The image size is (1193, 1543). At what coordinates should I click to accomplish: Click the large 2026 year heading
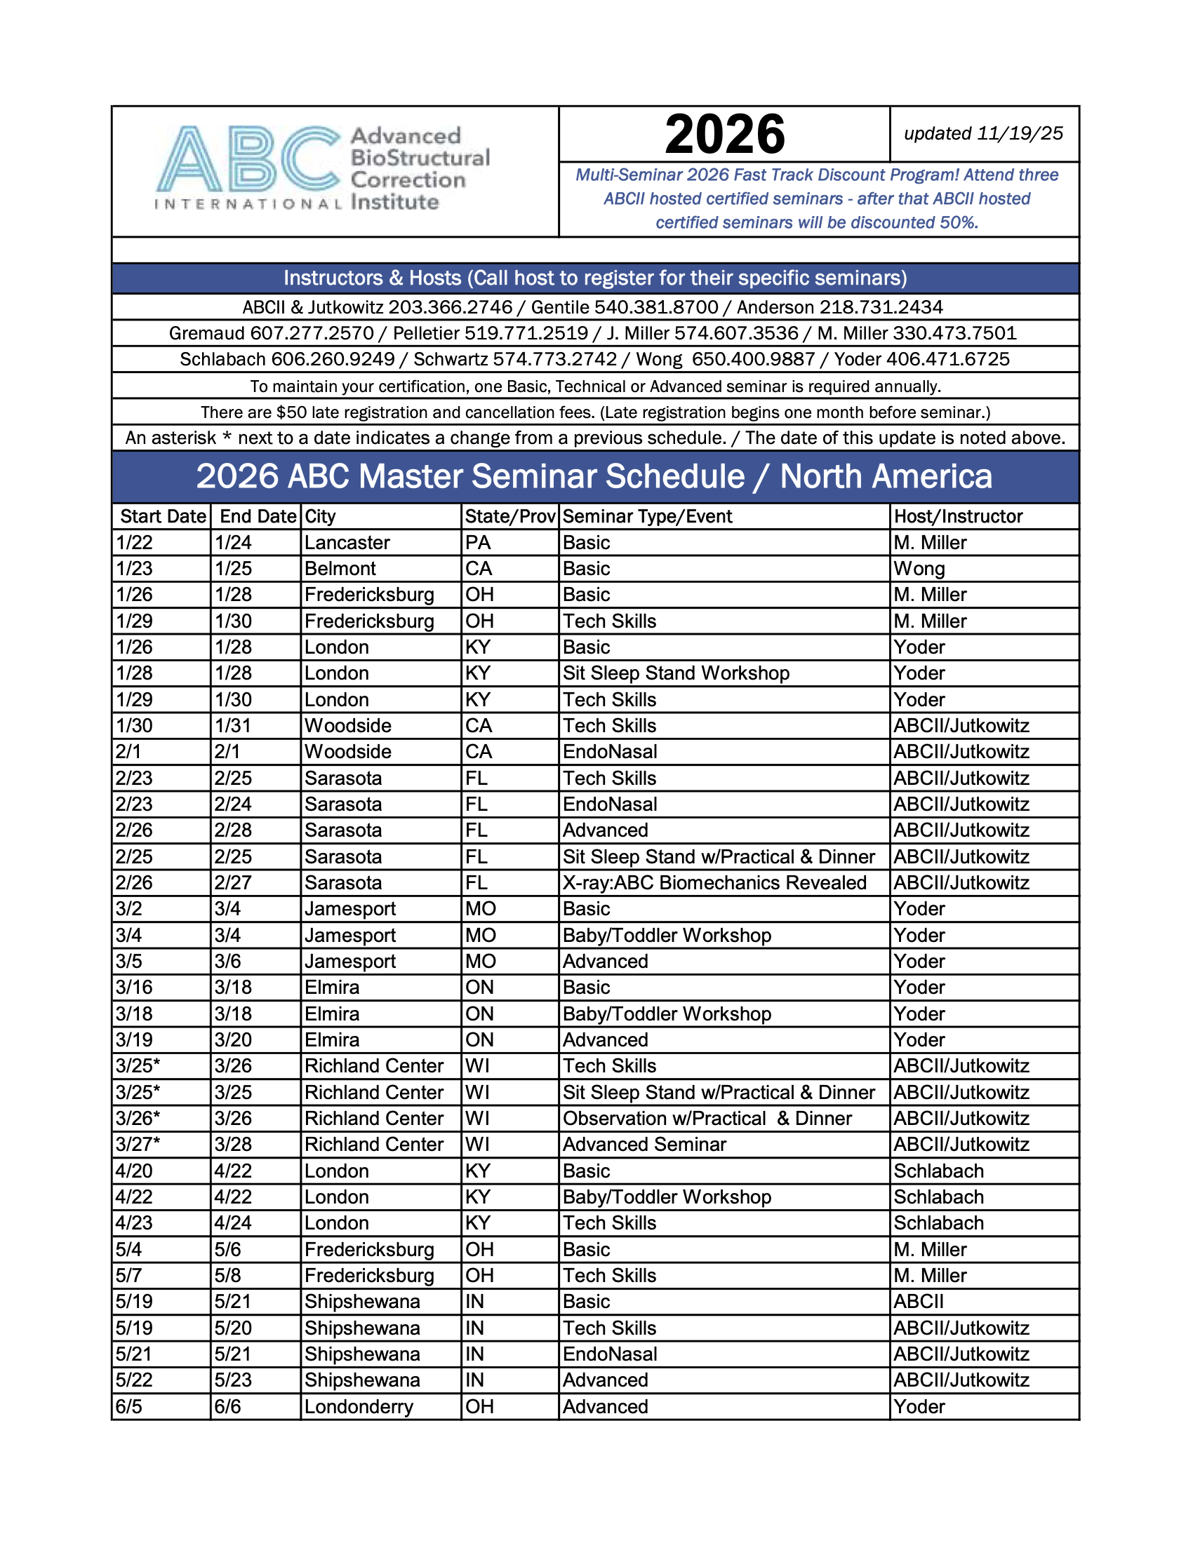click(724, 134)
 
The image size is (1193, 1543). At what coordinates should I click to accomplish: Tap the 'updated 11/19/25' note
click(983, 133)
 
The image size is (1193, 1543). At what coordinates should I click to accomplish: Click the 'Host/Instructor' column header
click(958, 516)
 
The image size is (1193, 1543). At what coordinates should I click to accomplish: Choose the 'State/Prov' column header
click(509, 516)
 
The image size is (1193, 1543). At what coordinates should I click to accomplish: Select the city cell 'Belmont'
click(340, 569)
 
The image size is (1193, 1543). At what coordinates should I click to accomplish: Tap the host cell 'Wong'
click(919, 569)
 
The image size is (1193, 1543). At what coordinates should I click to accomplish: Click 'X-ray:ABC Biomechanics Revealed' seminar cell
click(714, 882)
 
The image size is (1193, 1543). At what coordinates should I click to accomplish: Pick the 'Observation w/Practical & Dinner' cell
click(707, 1119)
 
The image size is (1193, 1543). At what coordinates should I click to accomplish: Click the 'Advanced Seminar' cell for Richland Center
click(644, 1145)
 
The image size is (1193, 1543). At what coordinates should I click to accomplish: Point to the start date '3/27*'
click(138, 1145)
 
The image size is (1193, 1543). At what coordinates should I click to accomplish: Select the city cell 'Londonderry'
click(359, 1407)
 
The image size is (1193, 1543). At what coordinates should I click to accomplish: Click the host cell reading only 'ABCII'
click(918, 1301)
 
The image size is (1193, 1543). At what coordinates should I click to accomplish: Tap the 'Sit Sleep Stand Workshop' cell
click(676, 673)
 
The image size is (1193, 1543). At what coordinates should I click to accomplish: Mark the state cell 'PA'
click(478, 543)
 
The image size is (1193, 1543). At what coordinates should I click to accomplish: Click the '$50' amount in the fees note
click(291, 412)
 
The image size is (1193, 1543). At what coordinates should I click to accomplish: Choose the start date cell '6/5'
click(128, 1407)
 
